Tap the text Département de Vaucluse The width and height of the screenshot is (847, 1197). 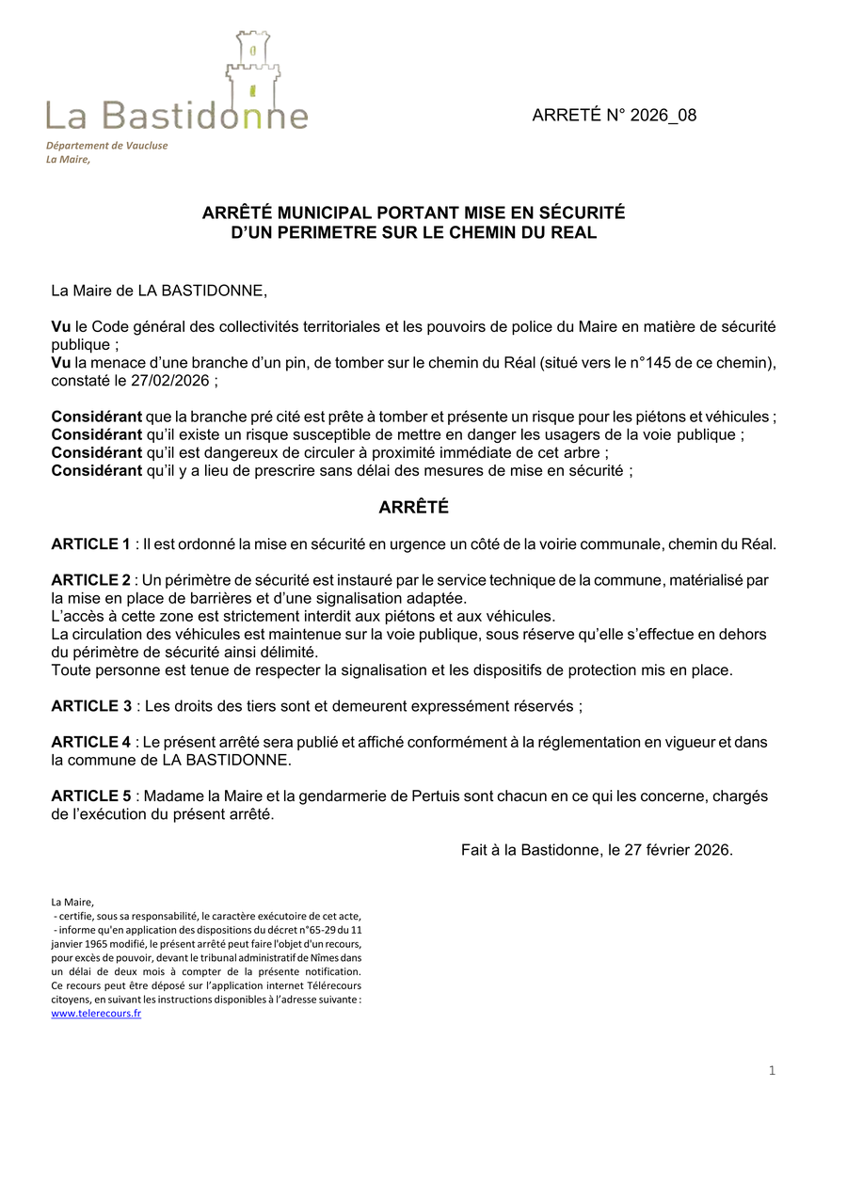click(106, 146)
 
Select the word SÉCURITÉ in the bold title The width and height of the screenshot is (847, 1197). click(581, 213)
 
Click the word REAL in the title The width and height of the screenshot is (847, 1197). click(576, 232)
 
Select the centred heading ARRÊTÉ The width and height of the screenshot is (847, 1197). click(413, 508)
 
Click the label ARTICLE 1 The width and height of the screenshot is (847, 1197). click(90, 543)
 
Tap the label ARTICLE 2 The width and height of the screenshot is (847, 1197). click(90, 579)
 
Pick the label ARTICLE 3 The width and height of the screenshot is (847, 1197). click(90, 706)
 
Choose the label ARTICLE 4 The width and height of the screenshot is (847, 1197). click(90, 742)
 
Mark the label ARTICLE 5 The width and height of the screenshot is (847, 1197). click(90, 796)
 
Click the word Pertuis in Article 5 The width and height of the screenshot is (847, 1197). click(437, 796)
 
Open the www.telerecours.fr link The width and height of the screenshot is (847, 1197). click(96, 1015)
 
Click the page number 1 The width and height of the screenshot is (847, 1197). click(772, 1070)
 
